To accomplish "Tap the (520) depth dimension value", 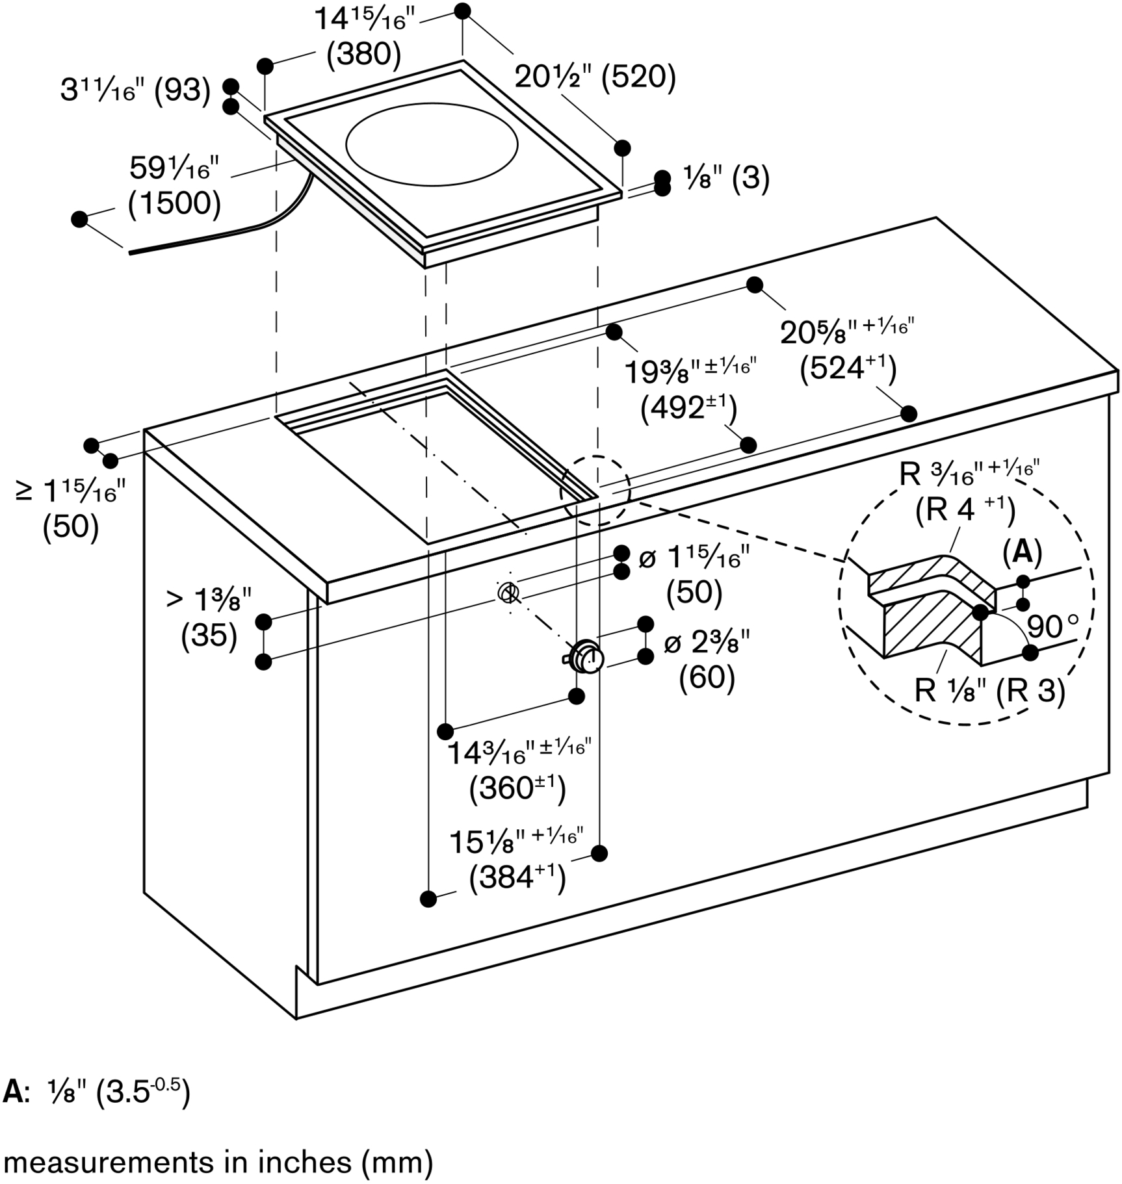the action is click(638, 77).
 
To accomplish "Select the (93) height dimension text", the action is click(183, 90).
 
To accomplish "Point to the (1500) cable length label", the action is click(175, 203).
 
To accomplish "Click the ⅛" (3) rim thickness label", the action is click(725, 177).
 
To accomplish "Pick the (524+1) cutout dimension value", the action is click(848, 369).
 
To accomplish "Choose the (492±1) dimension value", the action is click(688, 409).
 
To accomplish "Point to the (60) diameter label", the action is click(707, 678).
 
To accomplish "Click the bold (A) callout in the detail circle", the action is click(1022, 552).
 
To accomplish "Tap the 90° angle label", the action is click(1052, 626).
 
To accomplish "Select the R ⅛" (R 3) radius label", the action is click(989, 690).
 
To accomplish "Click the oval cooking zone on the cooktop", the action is click(432, 144).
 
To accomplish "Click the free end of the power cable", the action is click(130, 252).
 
